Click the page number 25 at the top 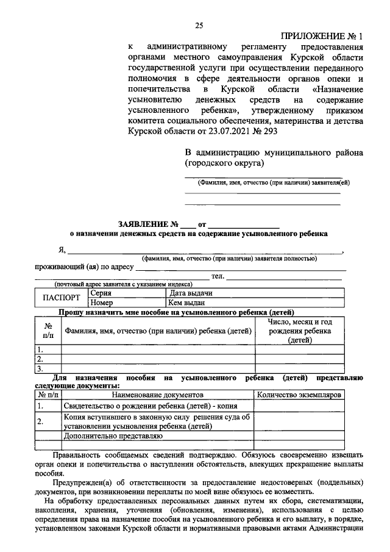tap(199, 25)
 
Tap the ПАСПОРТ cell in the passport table tap(61, 298)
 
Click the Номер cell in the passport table tap(102, 303)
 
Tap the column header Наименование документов tap(157, 395)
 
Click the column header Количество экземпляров tap(299, 395)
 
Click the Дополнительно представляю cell tap(113, 436)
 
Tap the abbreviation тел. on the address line tap(218, 276)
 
